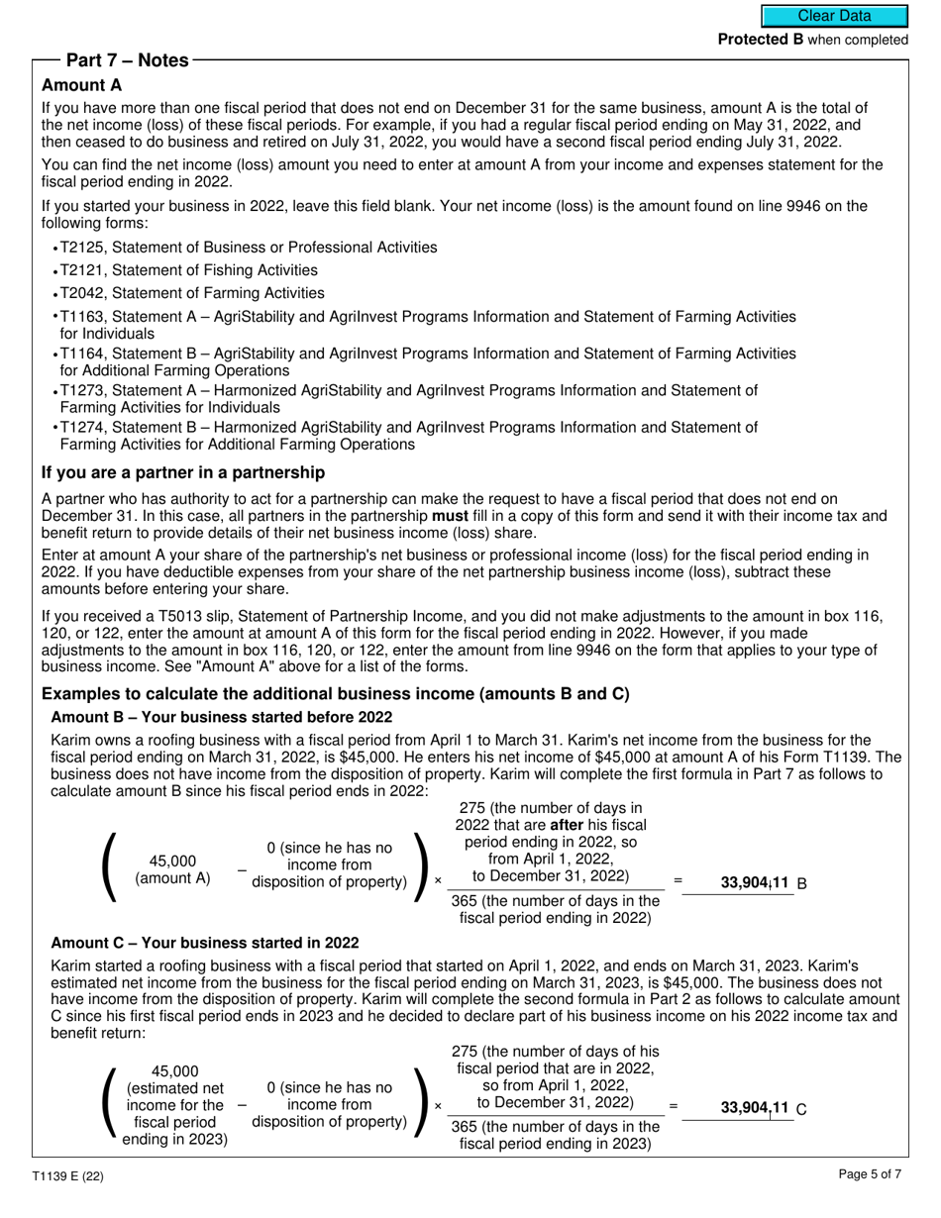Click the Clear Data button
[x=834, y=16]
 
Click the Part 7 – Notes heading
[x=127, y=60]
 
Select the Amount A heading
[x=82, y=85]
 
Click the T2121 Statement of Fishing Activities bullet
[x=188, y=270]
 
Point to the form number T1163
[x=83, y=316]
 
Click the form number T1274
[x=83, y=427]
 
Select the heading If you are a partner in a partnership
[x=183, y=472]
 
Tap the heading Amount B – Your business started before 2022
[x=221, y=717]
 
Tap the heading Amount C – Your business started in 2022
[x=205, y=943]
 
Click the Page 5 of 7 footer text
[x=870, y=1175]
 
